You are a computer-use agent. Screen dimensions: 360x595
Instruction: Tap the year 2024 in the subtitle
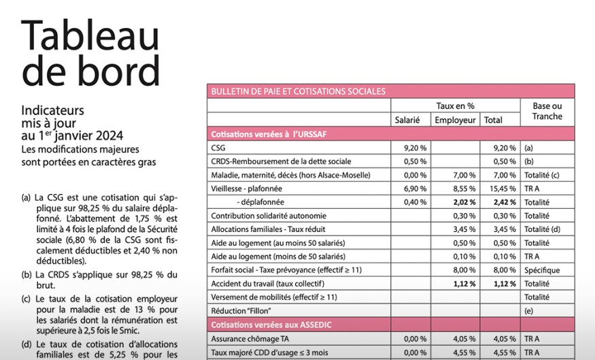pyautogui.click(x=109, y=134)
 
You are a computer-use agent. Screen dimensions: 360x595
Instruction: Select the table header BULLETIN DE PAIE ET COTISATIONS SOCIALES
pyautogui.click(x=299, y=91)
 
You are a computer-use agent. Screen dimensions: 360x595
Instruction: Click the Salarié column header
pyautogui.click(x=407, y=120)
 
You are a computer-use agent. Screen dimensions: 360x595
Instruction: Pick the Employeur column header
pyautogui.click(x=455, y=120)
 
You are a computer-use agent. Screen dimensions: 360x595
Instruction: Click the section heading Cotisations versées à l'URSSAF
pyautogui.click(x=269, y=134)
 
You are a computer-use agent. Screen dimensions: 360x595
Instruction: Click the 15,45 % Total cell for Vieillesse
pyautogui.click(x=503, y=189)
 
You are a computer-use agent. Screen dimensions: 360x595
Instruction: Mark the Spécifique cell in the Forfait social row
pyautogui.click(x=541, y=270)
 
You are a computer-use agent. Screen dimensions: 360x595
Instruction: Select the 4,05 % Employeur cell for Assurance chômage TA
pyautogui.click(x=464, y=338)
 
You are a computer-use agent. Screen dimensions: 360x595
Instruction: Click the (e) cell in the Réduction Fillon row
pyautogui.click(x=529, y=311)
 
